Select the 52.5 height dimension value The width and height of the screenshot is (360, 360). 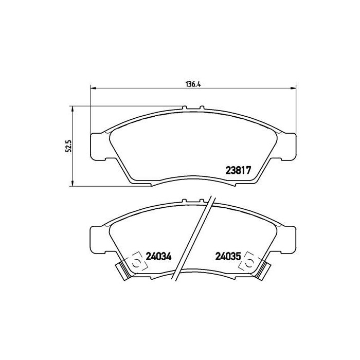tap(66, 146)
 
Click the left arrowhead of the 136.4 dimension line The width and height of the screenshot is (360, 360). tap(93, 87)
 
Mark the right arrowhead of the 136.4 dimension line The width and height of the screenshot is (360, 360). tap(294, 87)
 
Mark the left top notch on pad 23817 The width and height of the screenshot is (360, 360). tap(185, 108)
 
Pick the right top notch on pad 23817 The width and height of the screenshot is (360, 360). tap(202, 108)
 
